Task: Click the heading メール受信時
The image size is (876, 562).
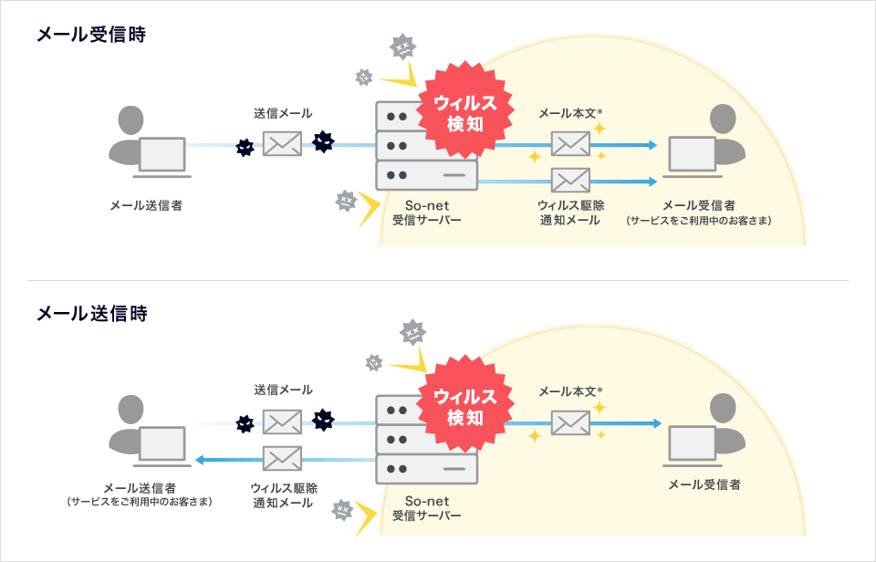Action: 91,36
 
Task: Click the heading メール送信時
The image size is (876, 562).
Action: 91,314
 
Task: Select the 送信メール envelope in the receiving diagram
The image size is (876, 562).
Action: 282,143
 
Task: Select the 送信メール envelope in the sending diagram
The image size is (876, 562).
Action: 282,422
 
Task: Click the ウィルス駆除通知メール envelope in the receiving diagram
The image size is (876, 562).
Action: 570,180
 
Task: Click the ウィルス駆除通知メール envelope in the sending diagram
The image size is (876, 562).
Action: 282,458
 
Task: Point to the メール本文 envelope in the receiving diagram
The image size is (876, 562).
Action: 570,143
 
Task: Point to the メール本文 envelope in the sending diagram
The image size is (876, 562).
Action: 570,422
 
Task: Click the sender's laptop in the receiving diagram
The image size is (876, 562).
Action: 162,156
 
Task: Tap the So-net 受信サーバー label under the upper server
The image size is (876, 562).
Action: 426,213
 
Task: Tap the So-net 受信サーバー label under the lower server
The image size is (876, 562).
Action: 426,508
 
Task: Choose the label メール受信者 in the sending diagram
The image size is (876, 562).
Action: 704,484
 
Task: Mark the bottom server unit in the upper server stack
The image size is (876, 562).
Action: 426,174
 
